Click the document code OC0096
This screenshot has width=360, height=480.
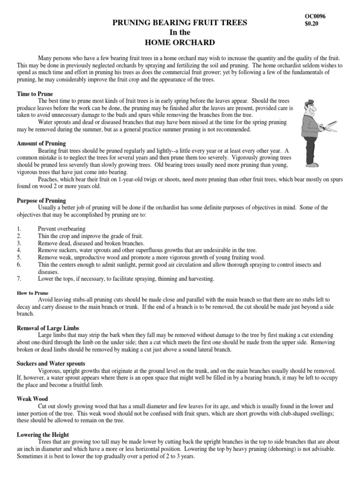(x=315, y=16)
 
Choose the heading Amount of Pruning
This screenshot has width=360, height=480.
(x=41, y=143)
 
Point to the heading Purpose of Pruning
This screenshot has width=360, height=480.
(x=42, y=200)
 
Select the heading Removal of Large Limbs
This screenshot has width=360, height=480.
(x=48, y=329)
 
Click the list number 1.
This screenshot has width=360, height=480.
(x=19, y=229)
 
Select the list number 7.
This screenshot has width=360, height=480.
(x=19, y=279)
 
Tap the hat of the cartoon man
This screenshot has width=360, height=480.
(x=309, y=104)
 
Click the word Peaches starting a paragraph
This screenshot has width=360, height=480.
(x=48, y=180)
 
